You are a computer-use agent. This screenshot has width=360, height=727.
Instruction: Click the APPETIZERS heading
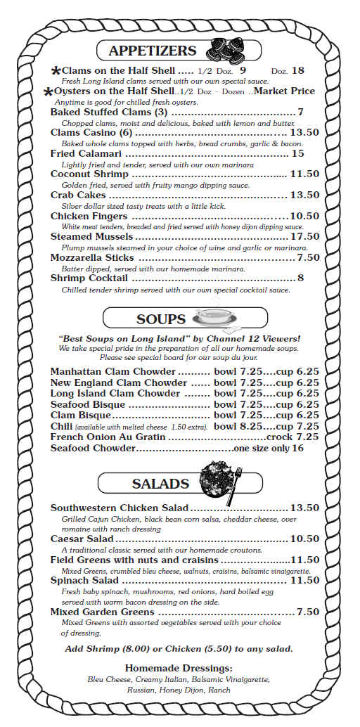[x=152, y=51]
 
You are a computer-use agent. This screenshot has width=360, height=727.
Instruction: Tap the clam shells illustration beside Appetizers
[x=226, y=51]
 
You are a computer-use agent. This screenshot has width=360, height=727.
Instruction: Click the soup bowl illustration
[x=214, y=318]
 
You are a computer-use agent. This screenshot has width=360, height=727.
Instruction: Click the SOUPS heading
[x=161, y=319]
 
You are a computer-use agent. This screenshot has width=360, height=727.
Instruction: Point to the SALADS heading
[x=160, y=484]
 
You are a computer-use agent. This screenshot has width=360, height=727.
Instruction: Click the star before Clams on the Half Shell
[x=56, y=72]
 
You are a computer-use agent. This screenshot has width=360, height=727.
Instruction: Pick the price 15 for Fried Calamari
[x=297, y=153]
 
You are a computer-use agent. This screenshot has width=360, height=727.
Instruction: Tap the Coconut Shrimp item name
[x=89, y=174]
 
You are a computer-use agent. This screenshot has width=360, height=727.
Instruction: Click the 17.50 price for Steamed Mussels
[x=304, y=237]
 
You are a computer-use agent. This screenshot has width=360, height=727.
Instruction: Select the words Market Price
[x=284, y=91]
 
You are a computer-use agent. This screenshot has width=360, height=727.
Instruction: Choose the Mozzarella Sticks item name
[x=92, y=258]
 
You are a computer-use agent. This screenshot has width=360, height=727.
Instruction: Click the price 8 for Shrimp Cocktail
[x=300, y=278]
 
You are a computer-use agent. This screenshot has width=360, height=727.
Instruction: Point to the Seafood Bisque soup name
[x=88, y=404]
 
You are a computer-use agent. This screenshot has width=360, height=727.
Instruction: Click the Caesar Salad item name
[x=82, y=539]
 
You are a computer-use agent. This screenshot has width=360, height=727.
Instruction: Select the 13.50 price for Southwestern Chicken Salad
[x=304, y=508]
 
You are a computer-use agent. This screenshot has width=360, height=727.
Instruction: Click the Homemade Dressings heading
[x=179, y=668]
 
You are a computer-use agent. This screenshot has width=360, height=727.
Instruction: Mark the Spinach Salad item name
[x=84, y=581]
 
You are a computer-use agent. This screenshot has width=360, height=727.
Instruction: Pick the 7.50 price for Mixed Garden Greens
[x=308, y=612]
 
